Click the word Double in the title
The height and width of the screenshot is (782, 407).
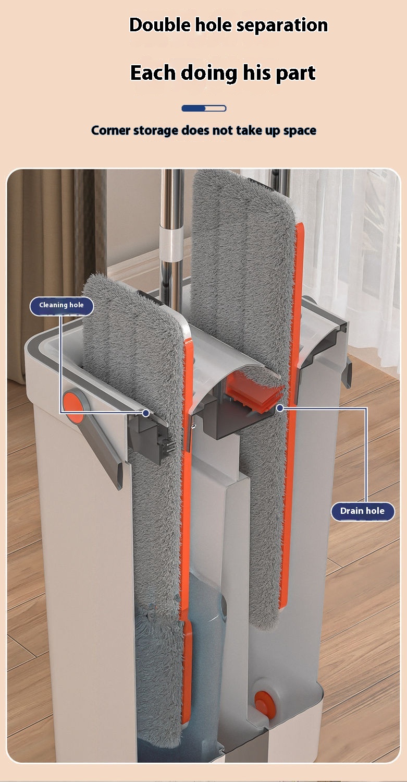160,25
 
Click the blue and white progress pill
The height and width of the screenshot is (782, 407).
204,108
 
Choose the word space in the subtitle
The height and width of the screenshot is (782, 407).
300,131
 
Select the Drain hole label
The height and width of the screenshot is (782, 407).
363,511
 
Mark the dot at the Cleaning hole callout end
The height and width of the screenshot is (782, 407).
146,413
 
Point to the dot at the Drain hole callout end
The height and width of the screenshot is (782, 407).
280,408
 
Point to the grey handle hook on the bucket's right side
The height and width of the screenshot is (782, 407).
347,372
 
